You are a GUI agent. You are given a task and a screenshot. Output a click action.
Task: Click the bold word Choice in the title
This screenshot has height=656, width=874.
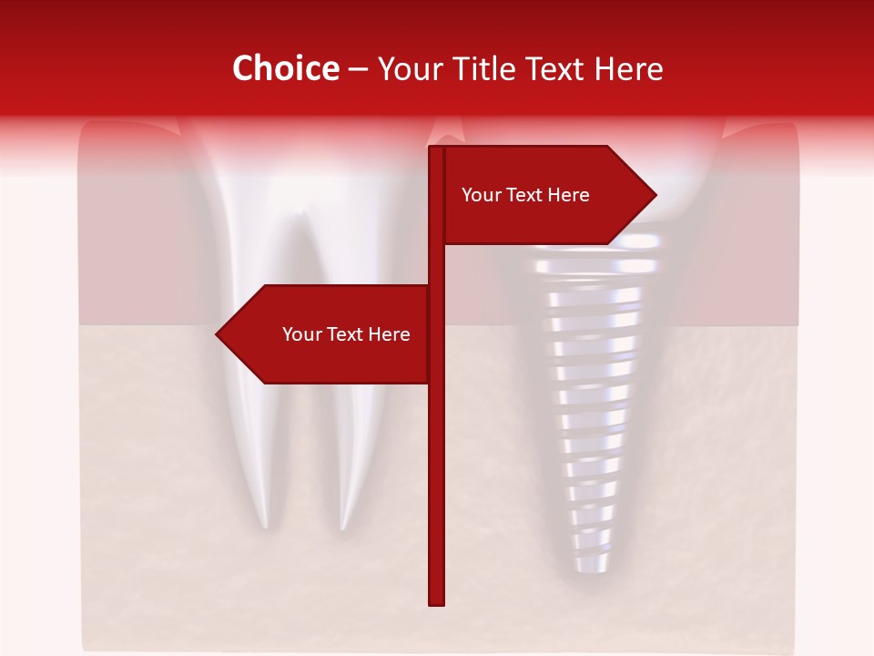[x=285, y=69]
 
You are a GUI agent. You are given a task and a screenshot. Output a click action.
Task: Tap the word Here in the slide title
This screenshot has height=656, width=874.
[x=627, y=69]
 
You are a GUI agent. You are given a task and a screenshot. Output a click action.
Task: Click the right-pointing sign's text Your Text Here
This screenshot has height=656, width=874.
[x=525, y=195]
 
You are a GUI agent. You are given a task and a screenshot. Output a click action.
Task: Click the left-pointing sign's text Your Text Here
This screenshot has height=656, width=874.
[x=346, y=334]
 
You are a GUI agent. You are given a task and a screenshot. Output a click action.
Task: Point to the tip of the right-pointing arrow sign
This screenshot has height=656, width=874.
[x=655, y=194]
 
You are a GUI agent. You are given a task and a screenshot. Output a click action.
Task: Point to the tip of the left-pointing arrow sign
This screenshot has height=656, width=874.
[x=218, y=334]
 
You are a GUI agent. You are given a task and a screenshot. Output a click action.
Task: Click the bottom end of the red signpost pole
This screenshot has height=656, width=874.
[x=436, y=601]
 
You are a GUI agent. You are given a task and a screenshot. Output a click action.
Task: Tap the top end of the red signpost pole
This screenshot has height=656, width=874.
[x=436, y=149]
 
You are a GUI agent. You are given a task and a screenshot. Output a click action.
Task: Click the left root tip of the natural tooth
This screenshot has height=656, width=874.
[x=265, y=525]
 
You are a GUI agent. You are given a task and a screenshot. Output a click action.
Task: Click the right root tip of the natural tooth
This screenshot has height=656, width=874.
[x=343, y=527]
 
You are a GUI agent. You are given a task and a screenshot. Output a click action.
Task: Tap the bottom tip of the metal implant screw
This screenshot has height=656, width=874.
[x=583, y=569]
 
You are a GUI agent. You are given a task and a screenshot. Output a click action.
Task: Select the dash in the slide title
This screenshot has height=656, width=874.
[x=358, y=70]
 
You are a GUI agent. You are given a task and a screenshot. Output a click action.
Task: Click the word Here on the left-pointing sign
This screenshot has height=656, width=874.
[x=389, y=334]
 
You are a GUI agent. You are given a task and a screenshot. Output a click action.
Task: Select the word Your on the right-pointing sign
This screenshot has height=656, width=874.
[x=481, y=195]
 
